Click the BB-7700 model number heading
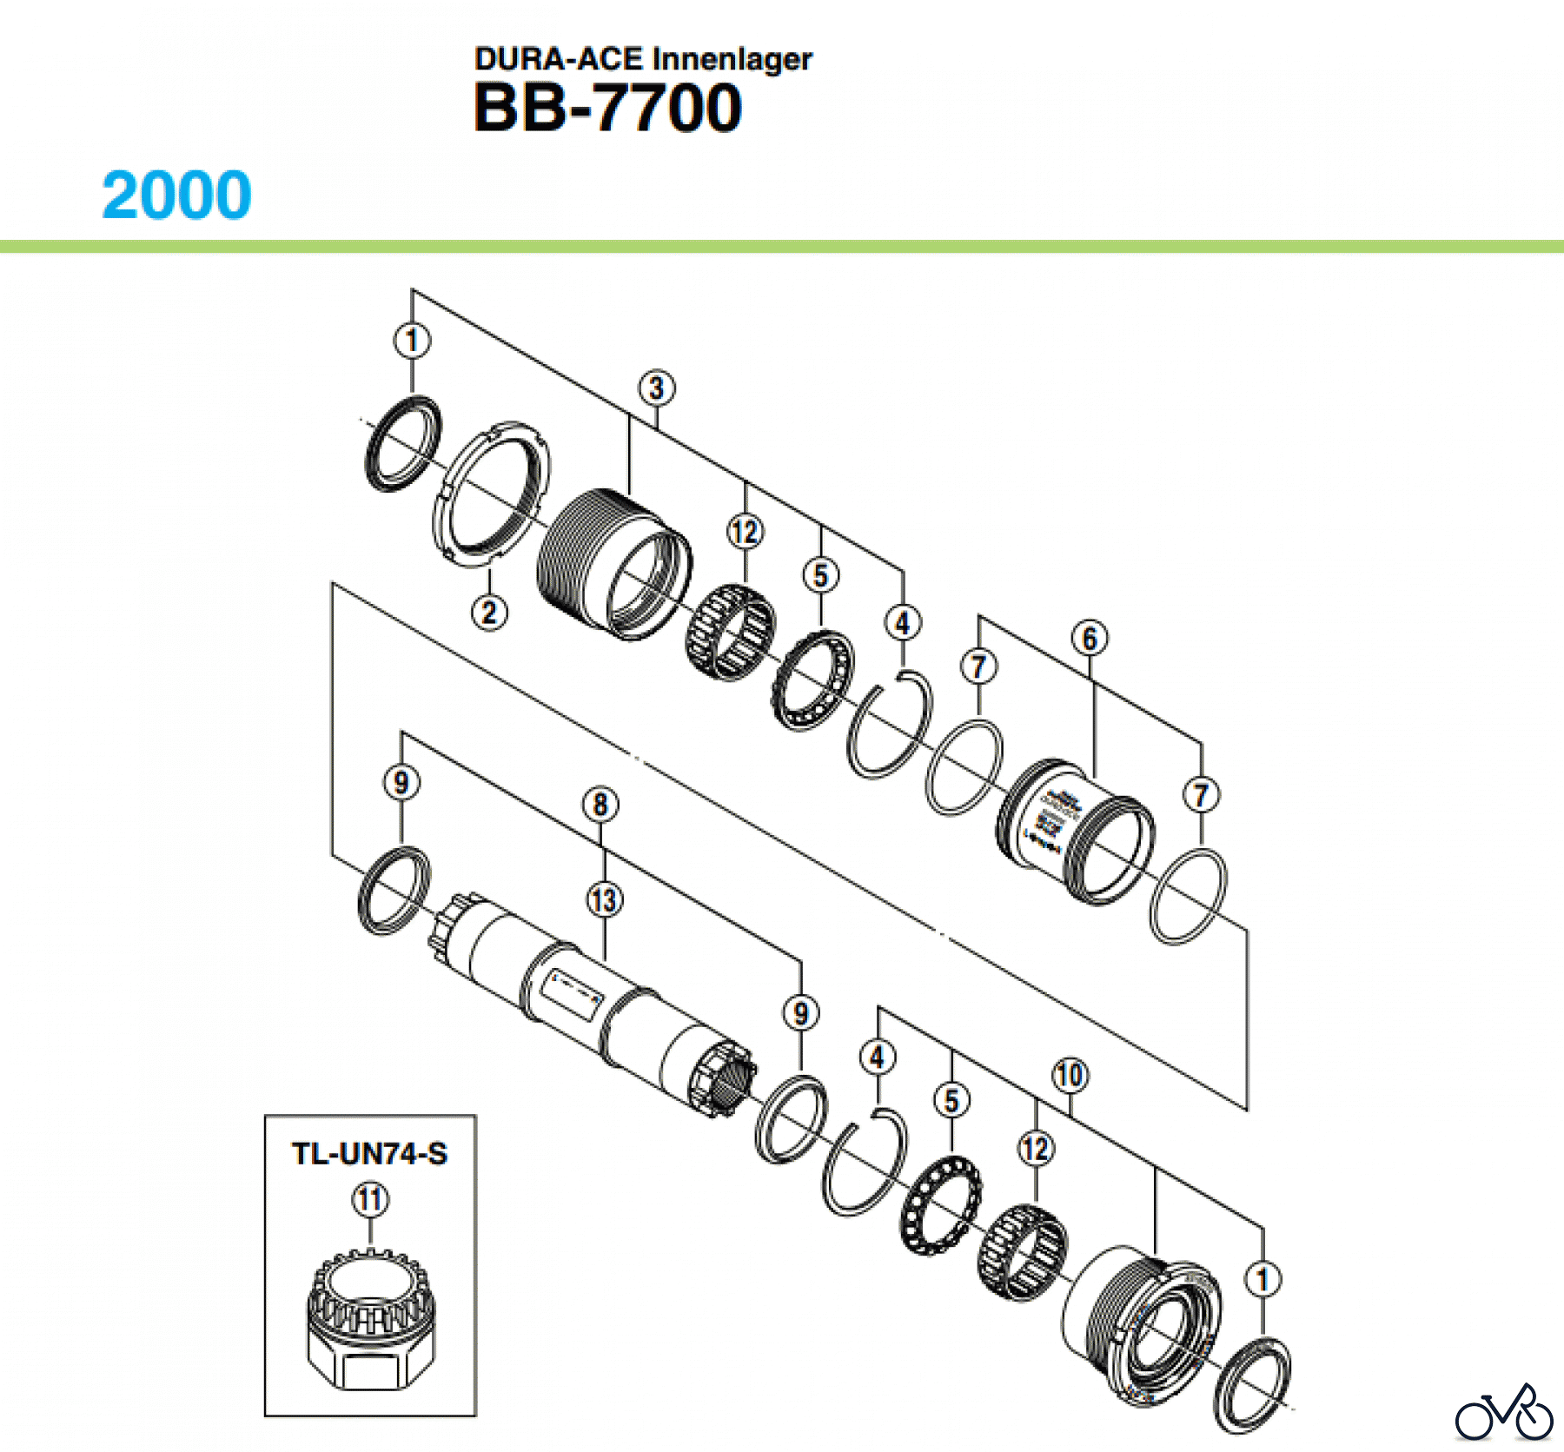click(607, 108)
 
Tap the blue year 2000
click(177, 195)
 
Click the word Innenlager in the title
click(732, 59)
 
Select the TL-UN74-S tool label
click(369, 1154)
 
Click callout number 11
click(370, 1200)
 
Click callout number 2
click(489, 612)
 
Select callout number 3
click(657, 388)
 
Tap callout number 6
click(1090, 639)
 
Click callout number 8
click(600, 805)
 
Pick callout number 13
click(605, 899)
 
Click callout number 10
click(1070, 1076)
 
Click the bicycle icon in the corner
click(1504, 1414)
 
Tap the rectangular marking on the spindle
click(572, 995)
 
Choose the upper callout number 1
click(412, 340)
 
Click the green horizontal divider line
click(782, 247)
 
